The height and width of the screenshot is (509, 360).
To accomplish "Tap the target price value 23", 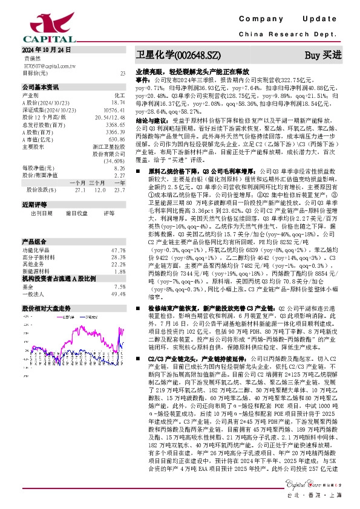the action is coord(123,73).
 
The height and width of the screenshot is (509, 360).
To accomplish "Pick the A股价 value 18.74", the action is coord(119,102).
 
